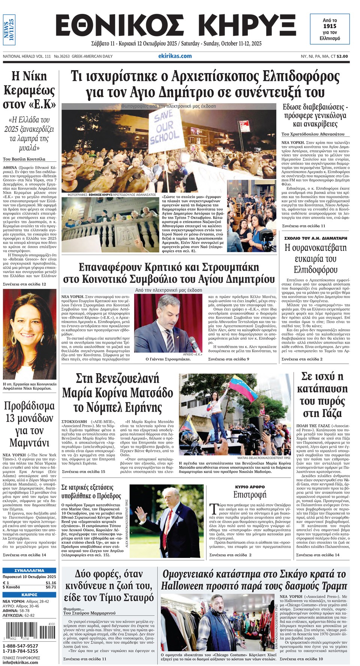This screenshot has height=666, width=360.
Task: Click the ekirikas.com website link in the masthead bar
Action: coord(175,56)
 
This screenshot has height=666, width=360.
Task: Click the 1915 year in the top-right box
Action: coord(330,26)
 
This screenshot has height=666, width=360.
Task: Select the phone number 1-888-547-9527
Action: coord(21,646)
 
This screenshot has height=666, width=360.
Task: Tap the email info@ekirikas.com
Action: coord(20,662)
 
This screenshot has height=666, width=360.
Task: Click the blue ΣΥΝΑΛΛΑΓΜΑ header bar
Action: coord(29,570)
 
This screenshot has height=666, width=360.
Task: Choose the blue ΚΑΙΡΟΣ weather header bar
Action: coord(29,594)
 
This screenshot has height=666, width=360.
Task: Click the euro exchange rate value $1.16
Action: coord(51,583)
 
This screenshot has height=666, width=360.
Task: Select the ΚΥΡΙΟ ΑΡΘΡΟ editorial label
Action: coord(249,487)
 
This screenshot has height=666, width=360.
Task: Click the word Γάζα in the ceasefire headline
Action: coord(322,413)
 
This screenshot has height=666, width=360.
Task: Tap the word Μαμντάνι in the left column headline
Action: coord(29,443)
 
